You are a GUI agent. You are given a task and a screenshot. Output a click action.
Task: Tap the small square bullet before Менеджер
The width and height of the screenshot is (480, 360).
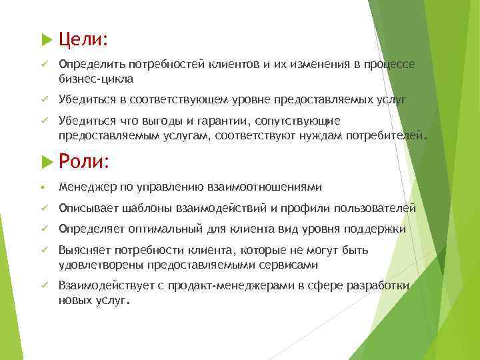42,187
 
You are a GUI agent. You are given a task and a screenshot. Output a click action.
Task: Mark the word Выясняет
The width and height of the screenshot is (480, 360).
84,251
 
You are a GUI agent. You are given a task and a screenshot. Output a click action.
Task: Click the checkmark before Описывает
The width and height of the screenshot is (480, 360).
42,208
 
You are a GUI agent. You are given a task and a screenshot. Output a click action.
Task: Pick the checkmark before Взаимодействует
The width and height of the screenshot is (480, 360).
42,286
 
